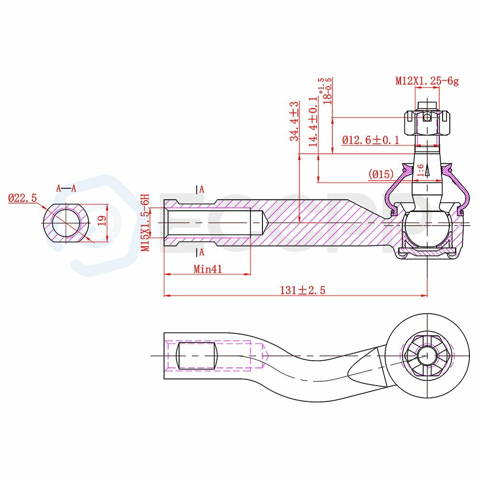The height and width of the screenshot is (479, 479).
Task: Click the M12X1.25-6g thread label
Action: tap(427, 81)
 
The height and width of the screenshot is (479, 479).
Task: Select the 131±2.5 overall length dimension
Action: tap(302, 290)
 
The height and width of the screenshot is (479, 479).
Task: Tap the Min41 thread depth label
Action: tap(207, 269)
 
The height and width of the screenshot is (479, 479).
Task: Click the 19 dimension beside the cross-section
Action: tap(101, 221)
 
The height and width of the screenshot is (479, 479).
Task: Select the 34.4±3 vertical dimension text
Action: tap(294, 121)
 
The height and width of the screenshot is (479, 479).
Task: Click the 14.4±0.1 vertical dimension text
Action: tap(313, 121)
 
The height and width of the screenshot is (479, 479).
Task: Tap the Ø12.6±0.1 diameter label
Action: tap(371, 140)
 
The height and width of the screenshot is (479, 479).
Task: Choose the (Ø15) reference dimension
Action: tap(381, 174)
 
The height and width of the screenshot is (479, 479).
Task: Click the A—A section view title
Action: tap(66, 188)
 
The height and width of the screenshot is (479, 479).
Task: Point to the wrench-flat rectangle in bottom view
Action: tap(196, 355)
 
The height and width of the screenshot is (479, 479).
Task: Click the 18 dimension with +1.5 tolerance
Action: tap(328, 91)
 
